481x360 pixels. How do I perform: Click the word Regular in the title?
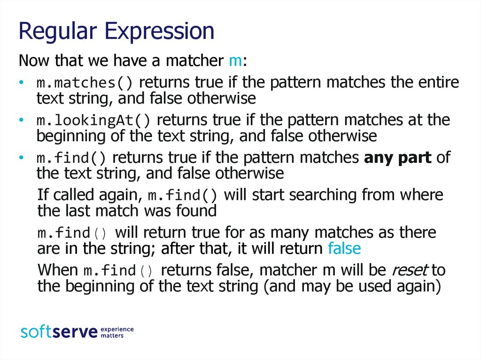58,32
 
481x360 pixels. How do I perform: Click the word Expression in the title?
159,32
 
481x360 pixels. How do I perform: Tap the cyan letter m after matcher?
236,61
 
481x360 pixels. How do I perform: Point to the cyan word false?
344,248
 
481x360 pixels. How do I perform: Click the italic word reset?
410,270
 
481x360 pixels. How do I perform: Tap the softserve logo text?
59,332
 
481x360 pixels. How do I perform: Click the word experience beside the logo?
117,329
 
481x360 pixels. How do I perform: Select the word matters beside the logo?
112,336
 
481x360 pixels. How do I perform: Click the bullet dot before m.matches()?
21,82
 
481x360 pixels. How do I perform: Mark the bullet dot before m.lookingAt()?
21,120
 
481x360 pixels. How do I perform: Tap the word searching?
323,196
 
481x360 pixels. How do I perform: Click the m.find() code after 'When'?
118,271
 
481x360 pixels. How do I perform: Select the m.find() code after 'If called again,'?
183,196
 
